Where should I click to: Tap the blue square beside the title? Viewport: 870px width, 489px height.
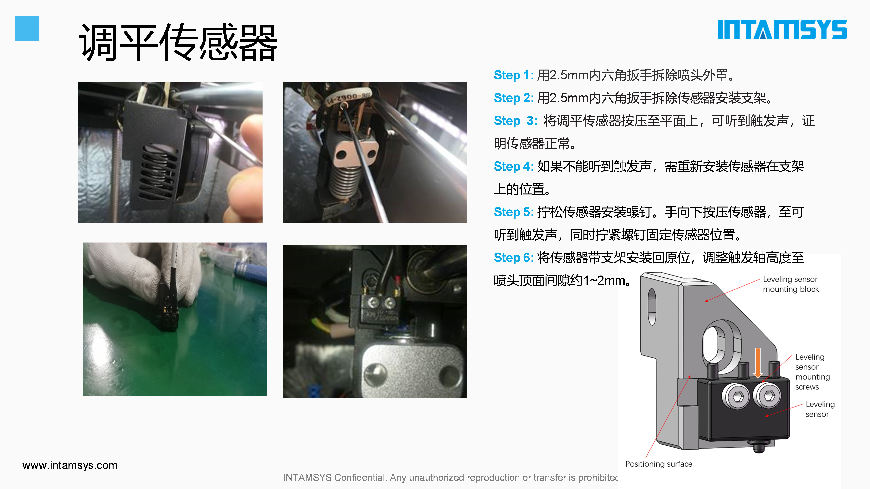pyautogui.click(x=27, y=28)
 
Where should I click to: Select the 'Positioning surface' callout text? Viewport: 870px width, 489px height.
pyautogui.click(x=659, y=464)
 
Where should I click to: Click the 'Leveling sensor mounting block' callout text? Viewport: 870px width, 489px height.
pyautogui.click(x=791, y=284)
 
